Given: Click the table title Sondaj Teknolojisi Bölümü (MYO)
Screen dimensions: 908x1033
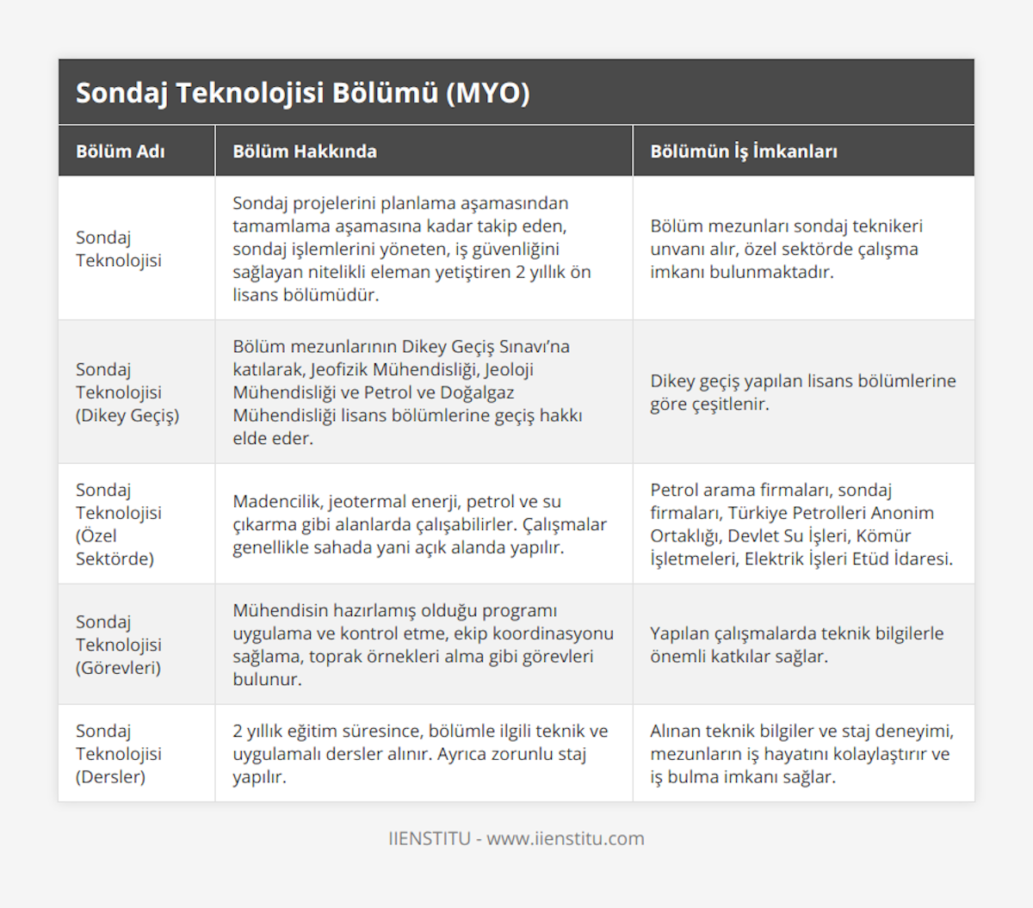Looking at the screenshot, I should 302,93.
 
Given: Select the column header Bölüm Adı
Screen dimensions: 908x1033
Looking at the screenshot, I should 120,151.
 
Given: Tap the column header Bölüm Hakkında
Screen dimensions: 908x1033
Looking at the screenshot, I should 305,151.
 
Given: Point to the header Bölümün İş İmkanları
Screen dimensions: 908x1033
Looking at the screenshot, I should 743,151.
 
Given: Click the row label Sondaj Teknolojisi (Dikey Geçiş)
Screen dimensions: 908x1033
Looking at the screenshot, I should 127,392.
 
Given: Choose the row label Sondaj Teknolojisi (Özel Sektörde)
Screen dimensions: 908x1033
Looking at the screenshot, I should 118,523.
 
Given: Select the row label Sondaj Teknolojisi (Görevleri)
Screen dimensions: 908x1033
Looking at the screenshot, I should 118,644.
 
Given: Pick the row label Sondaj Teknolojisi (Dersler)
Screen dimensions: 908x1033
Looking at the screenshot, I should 118,753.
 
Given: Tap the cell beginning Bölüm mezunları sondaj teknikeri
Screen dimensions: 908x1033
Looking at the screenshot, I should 786,249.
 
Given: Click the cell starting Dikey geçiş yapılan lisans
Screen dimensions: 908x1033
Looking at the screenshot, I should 802,392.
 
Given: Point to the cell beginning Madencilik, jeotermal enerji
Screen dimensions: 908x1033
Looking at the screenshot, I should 419,523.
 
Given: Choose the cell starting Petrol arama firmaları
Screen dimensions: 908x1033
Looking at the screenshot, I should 801,523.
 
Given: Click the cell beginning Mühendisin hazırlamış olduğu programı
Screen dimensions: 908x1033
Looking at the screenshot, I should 423,644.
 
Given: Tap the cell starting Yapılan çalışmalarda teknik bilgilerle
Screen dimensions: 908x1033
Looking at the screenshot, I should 796,644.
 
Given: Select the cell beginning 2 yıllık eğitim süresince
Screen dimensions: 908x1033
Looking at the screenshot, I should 420,753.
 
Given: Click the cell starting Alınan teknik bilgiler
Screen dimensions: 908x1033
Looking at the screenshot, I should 801,753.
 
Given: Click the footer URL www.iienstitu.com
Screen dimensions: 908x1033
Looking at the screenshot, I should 565,838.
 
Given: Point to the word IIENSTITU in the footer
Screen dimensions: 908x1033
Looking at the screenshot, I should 430,838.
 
